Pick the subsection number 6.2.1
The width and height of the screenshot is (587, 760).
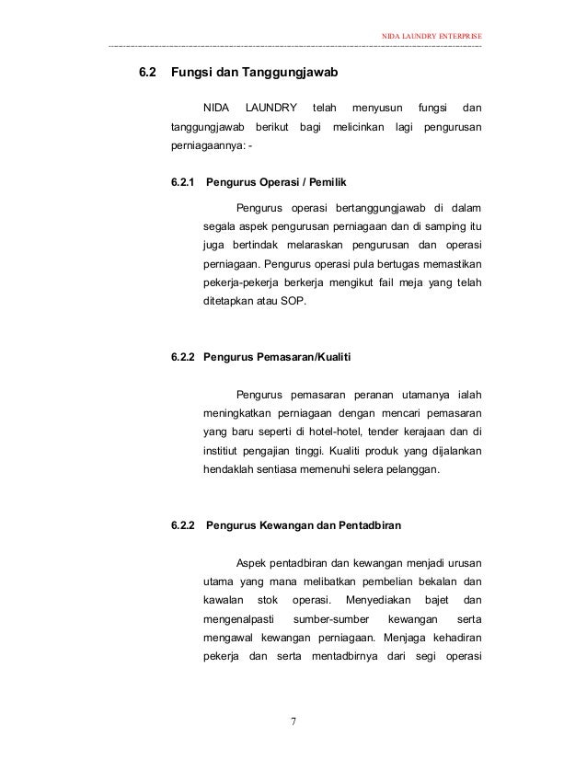pos(184,181)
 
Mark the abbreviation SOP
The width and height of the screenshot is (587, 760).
pos(300,302)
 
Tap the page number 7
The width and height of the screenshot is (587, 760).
pos(293,720)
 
